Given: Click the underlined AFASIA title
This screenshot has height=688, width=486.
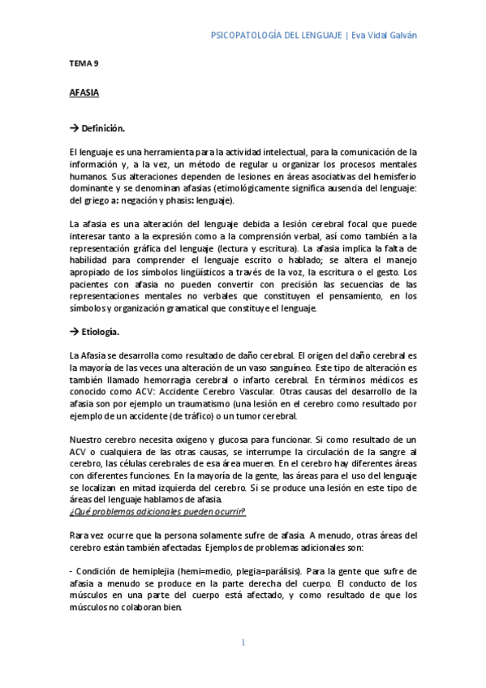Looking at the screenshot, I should (x=84, y=93).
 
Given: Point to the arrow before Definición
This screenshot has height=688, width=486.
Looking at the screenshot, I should (x=74, y=128).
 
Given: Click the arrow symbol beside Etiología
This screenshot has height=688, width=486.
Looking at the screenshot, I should (x=74, y=332).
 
